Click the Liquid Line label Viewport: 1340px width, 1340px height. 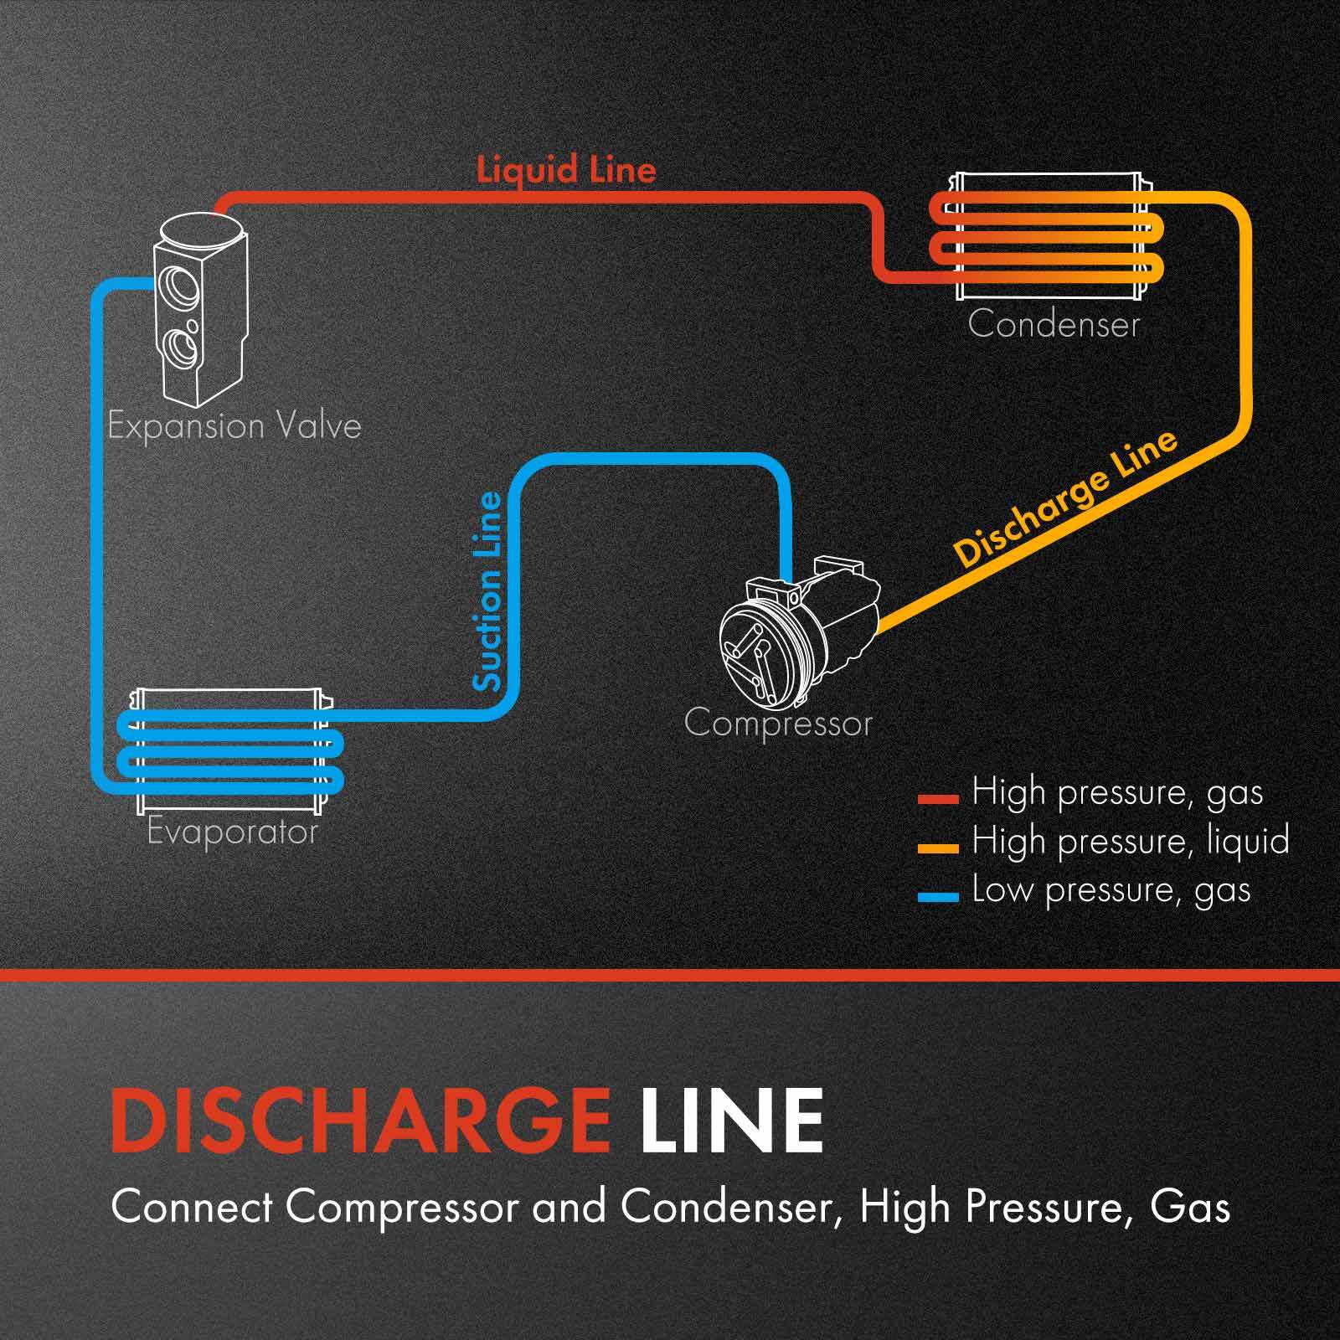click(x=566, y=170)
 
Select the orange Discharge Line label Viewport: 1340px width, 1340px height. click(x=1065, y=499)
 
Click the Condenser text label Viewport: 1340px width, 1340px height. click(x=1054, y=325)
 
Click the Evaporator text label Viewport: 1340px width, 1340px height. click(x=232, y=832)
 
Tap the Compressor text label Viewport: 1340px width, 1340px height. click(x=778, y=723)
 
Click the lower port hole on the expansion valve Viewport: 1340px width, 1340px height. click(x=182, y=346)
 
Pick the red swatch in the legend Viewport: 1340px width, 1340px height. click(x=937, y=799)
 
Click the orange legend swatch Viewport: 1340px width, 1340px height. click(x=937, y=848)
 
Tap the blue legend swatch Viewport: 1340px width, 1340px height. click(x=937, y=897)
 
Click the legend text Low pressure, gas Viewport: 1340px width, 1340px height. click(x=1111, y=890)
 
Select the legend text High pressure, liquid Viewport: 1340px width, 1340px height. click(x=1130, y=841)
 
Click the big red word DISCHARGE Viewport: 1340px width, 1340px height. click(x=360, y=1121)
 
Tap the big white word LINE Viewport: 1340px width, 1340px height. click(x=732, y=1121)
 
